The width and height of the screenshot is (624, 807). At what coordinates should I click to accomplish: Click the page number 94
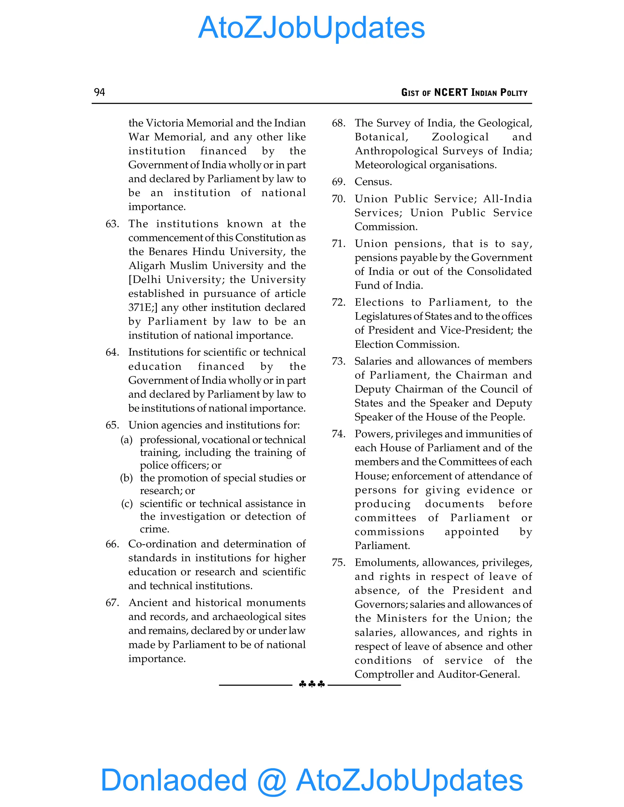99,92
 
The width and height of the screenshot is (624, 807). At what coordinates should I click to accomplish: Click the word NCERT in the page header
451,92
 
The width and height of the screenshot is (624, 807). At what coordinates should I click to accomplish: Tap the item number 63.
112,224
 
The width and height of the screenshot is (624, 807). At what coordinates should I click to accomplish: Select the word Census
373,182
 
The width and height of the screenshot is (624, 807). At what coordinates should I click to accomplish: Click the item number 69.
338,182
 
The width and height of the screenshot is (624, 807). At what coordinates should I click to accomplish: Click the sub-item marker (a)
126,440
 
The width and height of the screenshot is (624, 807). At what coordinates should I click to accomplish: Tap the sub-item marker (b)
126,478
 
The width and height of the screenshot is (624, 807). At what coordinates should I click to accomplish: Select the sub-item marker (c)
127,504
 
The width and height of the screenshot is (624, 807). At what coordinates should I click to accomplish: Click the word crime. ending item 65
154,529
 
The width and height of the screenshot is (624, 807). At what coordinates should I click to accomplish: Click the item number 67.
112,603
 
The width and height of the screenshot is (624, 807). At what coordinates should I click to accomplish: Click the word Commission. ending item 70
386,227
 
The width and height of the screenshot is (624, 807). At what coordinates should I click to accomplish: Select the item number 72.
338,302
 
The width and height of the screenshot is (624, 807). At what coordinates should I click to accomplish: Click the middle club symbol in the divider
312,684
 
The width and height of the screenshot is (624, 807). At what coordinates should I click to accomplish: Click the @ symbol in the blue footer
272,781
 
